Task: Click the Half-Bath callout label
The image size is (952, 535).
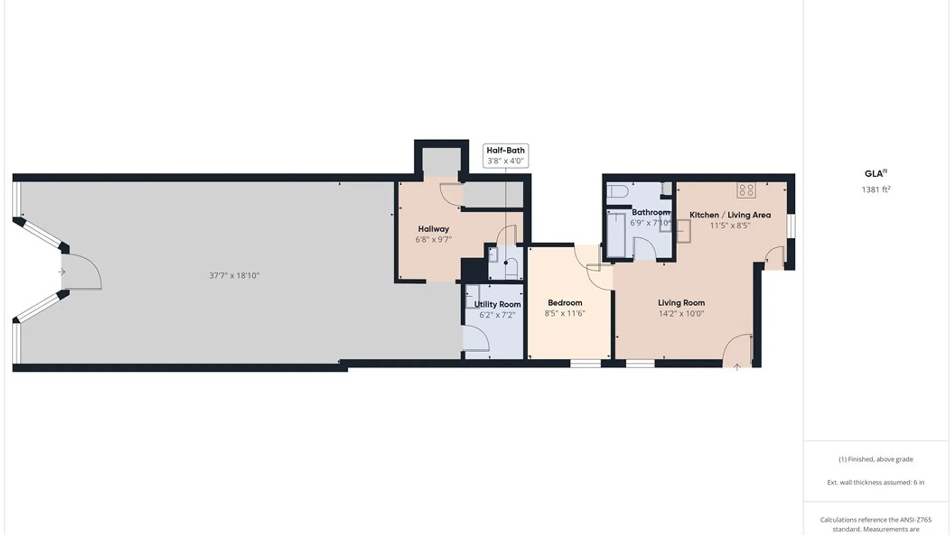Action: tap(505, 156)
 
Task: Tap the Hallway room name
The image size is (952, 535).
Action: tap(433, 229)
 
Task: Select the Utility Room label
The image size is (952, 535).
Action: tap(497, 304)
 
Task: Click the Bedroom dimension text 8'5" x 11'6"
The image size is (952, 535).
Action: tap(565, 313)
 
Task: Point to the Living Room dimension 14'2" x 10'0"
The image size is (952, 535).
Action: tap(681, 313)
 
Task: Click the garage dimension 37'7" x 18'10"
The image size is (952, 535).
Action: tap(234, 275)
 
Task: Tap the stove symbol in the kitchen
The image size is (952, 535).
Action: tap(746, 190)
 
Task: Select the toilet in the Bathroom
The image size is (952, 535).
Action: tap(618, 191)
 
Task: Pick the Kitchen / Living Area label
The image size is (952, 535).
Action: tap(730, 215)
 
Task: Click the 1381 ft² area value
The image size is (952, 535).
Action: tap(876, 189)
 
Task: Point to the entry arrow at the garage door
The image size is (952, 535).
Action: tap(61, 272)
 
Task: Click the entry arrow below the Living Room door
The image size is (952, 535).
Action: tap(737, 367)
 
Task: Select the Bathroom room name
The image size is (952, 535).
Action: tap(651, 212)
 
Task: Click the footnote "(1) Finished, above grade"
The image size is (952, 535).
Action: tap(876, 459)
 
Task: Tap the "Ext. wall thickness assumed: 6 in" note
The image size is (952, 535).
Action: tap(876, 482)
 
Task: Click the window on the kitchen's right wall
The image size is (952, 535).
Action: tap(791, 225)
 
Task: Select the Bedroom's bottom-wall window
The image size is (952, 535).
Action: tap(586, 364)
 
